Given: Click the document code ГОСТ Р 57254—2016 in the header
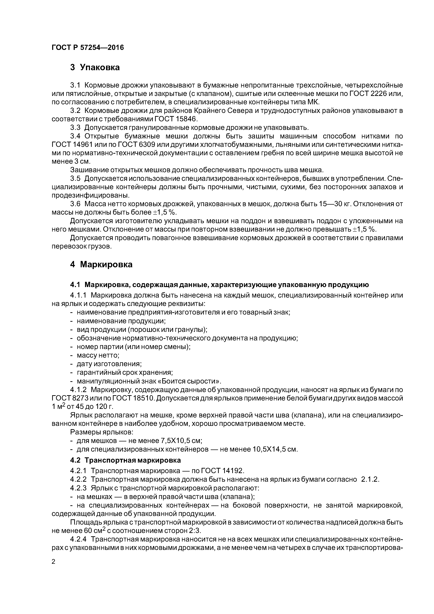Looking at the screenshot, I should pos(88,48).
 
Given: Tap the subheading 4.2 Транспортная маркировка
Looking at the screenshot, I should pos(125,460).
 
